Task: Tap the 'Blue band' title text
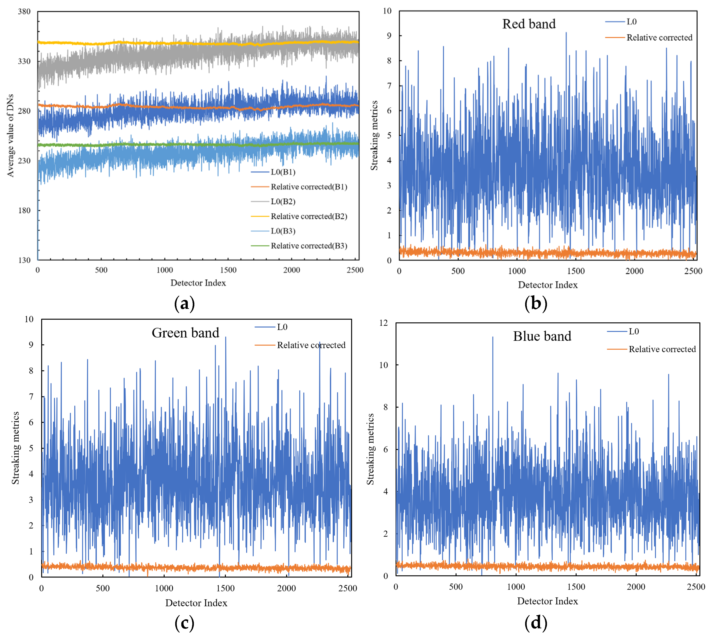click(542, 336)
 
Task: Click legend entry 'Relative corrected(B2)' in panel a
click(308, 216)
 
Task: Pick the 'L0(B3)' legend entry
click(283, 231)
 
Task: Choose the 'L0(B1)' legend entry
click(283, 172)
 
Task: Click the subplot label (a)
click(184, 303)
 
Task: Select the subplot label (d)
click(535, 622)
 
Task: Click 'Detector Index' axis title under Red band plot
click(547, 285)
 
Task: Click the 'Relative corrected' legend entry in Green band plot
click(311, 345)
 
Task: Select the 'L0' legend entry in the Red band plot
click(631, 22)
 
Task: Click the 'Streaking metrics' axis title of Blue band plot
click(370, 449)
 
